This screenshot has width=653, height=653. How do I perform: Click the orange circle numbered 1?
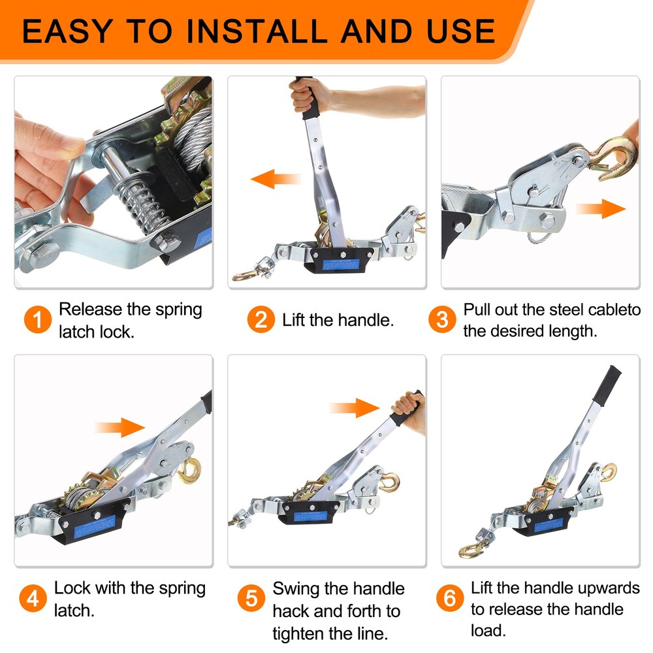click(39, 320)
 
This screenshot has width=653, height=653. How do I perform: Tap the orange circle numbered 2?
click(261, 320)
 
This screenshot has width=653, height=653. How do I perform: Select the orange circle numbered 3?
click(442, 320)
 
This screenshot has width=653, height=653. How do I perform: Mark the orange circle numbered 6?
click(449, 599)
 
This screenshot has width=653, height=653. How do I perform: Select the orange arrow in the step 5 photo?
click(355, 409)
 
